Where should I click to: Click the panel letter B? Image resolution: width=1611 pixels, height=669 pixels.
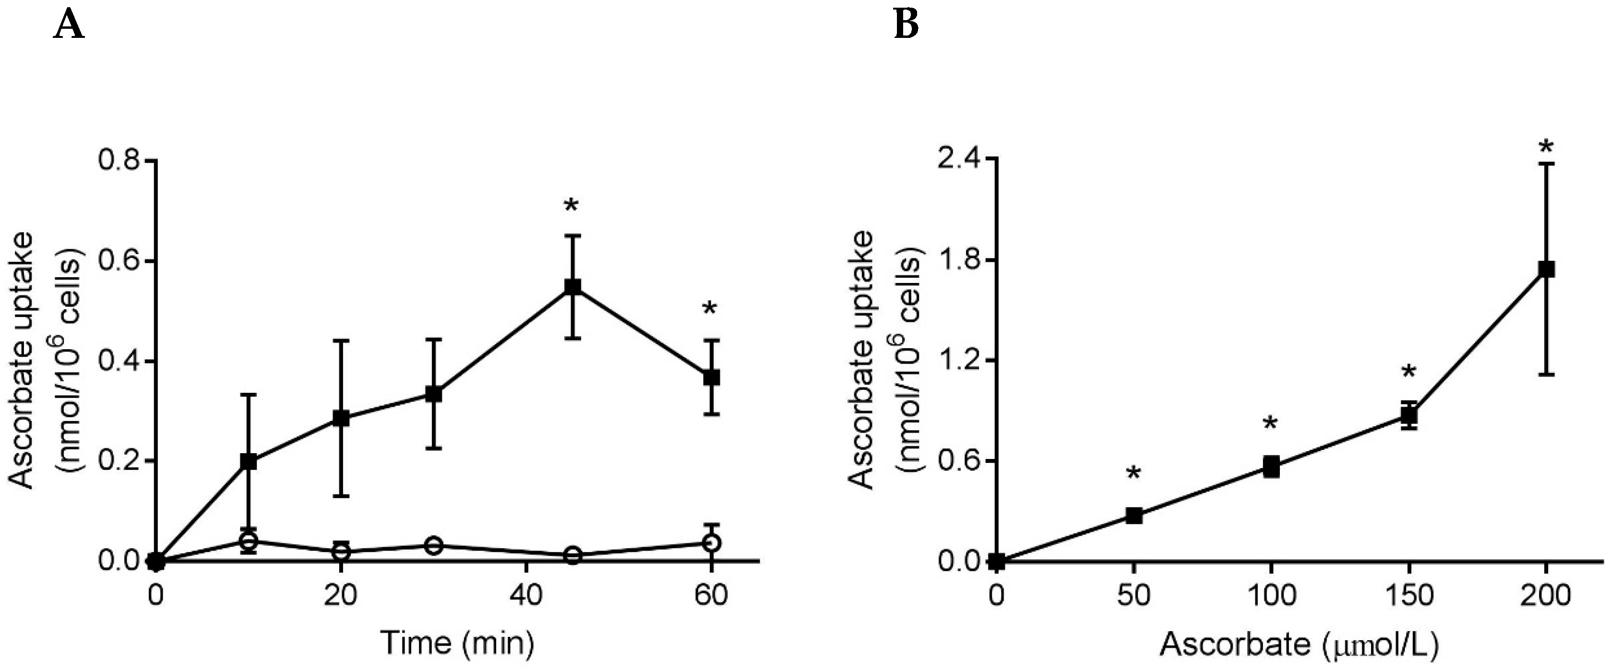906,25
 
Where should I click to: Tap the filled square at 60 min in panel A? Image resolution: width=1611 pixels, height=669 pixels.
712,377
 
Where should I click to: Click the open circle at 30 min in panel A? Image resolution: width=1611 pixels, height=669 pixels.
433,545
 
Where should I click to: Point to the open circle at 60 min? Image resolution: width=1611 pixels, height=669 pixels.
712,542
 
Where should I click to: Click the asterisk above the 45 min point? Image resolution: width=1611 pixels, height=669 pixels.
571,206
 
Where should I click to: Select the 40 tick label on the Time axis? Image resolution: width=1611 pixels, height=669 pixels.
525,595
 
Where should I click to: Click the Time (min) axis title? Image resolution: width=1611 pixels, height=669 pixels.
457,643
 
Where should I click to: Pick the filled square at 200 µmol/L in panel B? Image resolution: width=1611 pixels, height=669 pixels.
1546,269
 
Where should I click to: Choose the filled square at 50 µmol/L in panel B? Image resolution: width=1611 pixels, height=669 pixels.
1134,516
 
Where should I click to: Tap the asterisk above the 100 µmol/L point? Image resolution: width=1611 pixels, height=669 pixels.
1270,424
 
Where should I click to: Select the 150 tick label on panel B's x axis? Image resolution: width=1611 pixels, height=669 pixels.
1408,595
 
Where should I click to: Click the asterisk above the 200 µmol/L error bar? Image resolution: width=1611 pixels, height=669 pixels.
1546,148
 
